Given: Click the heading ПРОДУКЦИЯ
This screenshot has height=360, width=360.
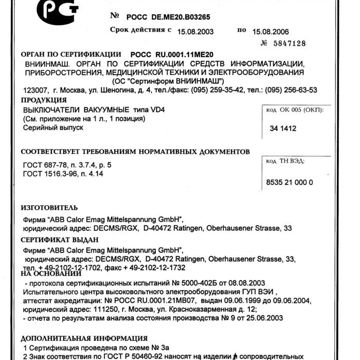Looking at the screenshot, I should click(44, 100).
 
